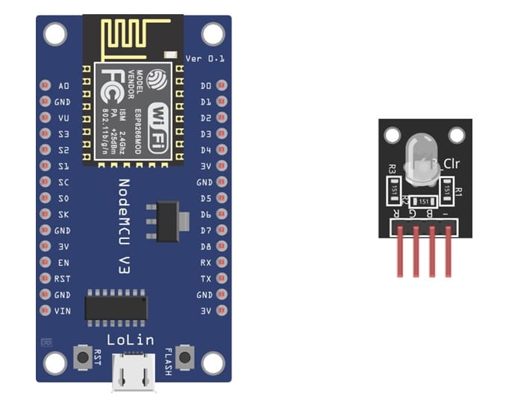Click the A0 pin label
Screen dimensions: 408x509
click(63, 86)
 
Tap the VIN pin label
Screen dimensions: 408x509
click(63, 311)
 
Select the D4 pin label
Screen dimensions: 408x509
click(206, 150)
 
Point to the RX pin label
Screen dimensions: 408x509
click(206, 263)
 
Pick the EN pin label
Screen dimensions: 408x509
click(63, 263)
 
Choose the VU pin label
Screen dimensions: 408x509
click(63, 118)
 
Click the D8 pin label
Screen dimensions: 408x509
click(206, 247)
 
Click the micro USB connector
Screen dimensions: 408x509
click(134, 371)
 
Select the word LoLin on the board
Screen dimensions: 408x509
click(131, 340)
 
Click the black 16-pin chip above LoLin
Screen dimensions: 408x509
click(116, 306)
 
